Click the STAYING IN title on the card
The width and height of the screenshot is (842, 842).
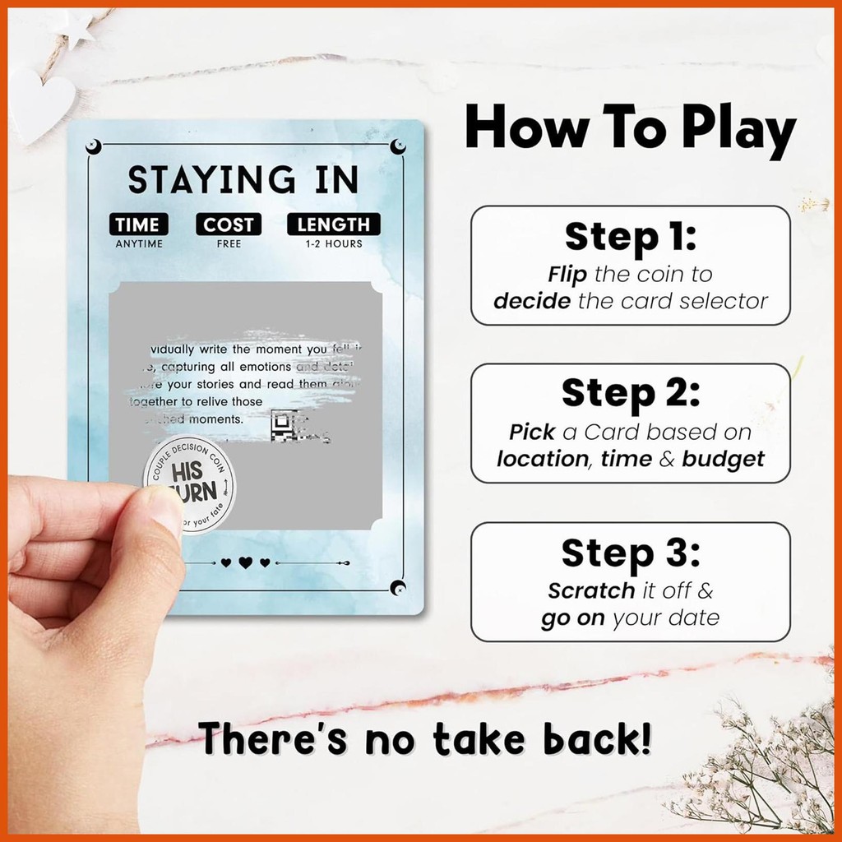pyautogui.click(x=243, y=180)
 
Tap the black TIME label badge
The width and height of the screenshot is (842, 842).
pyautogui.click(x=138, y=224)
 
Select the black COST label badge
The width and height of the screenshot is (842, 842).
pyautogui.click(x=229, y=224)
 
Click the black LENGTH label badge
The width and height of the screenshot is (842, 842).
pyautogui.click(x=334, y=224)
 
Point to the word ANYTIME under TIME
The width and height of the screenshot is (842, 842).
pyautogui.click(x=138, y=243)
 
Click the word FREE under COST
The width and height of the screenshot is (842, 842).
pyautogui.click(x=229, y=243)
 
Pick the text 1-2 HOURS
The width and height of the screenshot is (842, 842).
pyautogui.click(x=334, y=243)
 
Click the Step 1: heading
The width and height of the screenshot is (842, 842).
pyautogui.click(x=630, y=237)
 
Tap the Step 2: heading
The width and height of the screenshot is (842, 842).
pyautogui.click(x=630, y=394)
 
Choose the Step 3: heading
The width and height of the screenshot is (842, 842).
pyautogui.click(x=630, y=553)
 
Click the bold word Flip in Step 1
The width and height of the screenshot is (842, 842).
pyautogui.click(x=567, y=274)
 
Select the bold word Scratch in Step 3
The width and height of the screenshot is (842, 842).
pyautogui.click(x=591, y=590)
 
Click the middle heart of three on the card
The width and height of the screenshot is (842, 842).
pyautogui.click(x=245, y=563)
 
